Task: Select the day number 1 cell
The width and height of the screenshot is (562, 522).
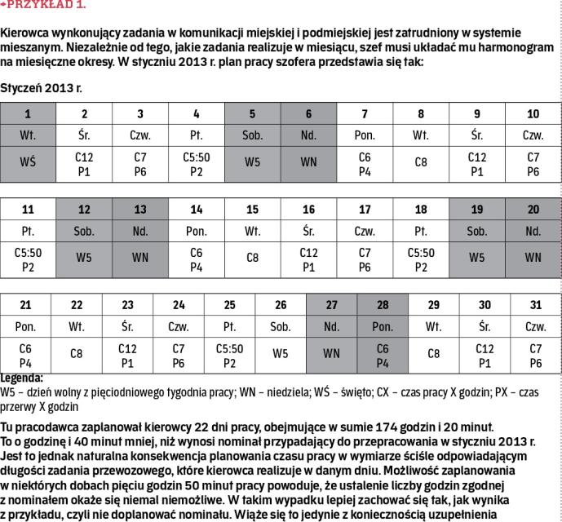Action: [28, 113]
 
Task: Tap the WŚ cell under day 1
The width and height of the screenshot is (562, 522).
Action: [28, 161]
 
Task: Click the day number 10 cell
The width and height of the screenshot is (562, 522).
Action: [533, 113]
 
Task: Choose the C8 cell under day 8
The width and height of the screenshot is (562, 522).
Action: [421, 161]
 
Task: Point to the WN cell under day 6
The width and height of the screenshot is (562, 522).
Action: [308, 161]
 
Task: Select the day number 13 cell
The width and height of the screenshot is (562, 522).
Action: [140, 210]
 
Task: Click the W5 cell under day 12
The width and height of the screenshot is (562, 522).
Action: [84, 258]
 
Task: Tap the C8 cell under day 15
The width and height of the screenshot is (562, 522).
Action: [252, 258]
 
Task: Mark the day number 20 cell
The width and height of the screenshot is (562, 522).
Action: [533, 210]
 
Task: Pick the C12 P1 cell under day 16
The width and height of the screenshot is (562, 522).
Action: [308, 258]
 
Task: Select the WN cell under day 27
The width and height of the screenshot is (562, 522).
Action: [331, 354]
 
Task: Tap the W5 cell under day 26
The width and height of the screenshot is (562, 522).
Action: [281, 354]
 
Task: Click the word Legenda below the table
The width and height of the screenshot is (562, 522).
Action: [22, 378]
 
